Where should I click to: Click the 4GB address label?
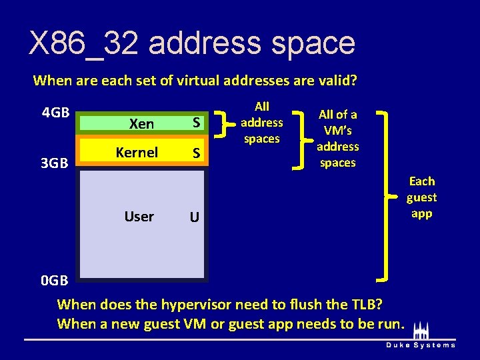pos(56,112)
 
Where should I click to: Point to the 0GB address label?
pos(54,280)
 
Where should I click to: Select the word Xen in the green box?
pos(141,124)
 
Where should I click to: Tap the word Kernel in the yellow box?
pos(137,153)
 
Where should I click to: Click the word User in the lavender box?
pos(139,217)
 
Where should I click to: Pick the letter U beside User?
pos(193,217)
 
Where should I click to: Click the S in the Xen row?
pos(197,123)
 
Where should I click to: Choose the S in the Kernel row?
pos(197,153)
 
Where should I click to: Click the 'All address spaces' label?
pos(261,123)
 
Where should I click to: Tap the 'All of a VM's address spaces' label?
pos(337,139)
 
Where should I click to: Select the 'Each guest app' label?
pos(421,197)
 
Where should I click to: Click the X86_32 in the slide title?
pos(83,43)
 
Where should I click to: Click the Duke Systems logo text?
pos(421,345)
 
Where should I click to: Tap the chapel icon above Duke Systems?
pos(421,330)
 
